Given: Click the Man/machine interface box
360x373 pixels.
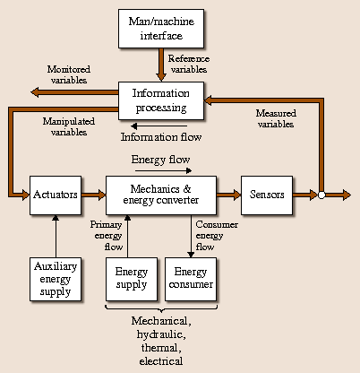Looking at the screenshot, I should tap(161, 29).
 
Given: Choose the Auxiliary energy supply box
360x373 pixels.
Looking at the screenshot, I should tap(56, 279).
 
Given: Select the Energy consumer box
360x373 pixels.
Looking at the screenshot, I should tap(190, 279).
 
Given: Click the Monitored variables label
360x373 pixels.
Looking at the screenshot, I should tap(68, 74).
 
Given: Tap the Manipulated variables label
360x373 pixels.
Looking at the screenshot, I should tap(68, 127).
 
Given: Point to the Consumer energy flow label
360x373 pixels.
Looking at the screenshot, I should tap(218, 236).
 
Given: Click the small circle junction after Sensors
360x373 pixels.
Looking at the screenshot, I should tap(320, 194).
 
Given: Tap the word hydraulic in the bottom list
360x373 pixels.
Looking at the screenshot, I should tap(162, 334).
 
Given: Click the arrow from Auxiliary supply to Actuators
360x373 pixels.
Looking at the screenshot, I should tap(56, 235).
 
